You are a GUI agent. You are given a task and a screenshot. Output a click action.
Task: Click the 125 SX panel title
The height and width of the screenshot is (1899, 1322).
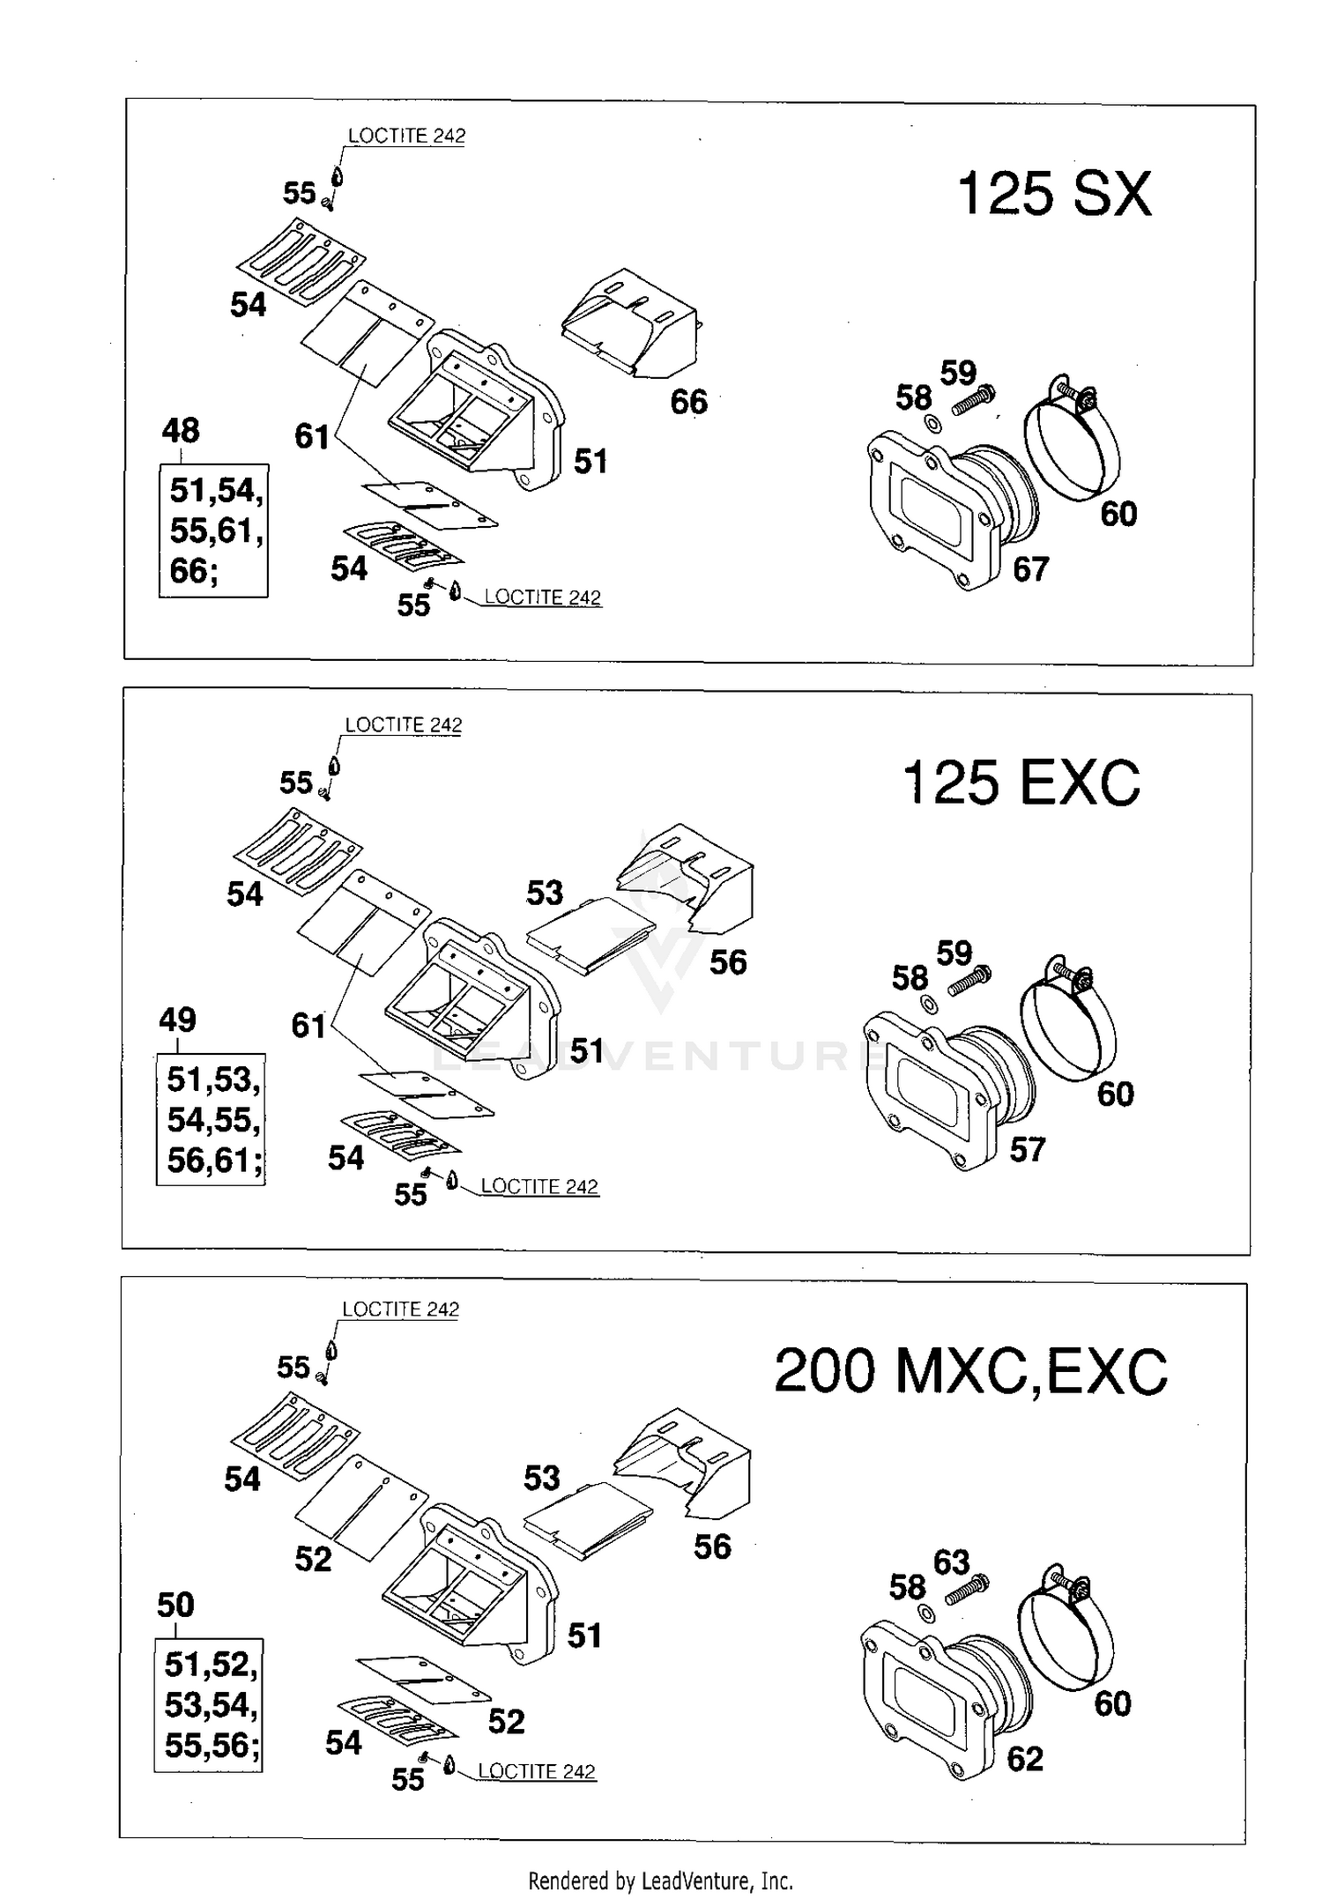click(x=1053, y=194)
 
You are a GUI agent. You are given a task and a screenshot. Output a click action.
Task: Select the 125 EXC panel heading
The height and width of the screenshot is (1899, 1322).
click(x=1021, y=783)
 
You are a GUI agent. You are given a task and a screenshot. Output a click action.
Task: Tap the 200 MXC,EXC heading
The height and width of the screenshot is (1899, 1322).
click(x=970, y=1372)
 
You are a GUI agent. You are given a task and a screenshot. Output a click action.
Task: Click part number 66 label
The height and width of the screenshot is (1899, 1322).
click(x=688, y=402)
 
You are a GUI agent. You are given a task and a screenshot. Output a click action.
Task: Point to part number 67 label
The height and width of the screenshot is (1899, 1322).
click(x=1030, y=569)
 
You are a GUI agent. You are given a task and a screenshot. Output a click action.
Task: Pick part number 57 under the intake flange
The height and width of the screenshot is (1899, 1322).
click(x=1027, y=1149)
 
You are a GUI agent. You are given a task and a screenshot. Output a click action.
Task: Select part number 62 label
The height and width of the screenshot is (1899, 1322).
click(x=1024, y=1759)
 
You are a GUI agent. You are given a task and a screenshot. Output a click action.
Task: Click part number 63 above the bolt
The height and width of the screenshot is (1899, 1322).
click(x=951, y=1561)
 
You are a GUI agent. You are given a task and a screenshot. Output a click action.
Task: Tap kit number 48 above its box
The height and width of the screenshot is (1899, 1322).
click(x=181, y=431)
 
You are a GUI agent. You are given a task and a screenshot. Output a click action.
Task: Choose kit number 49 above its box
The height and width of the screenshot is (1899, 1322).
click(x=177, y=1020)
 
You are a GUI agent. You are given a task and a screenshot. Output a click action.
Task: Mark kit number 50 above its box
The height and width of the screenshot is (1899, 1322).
click(x=175, y=1605)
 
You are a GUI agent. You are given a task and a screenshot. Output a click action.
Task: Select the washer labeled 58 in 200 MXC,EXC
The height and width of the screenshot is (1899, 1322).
click(x=925, y=1613)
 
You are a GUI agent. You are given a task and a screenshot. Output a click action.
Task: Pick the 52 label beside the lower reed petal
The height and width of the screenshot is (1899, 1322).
click(x=506, y=1721)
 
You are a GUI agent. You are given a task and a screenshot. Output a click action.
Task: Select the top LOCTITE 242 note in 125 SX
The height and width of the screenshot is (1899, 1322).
click(x=406, y=136)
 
